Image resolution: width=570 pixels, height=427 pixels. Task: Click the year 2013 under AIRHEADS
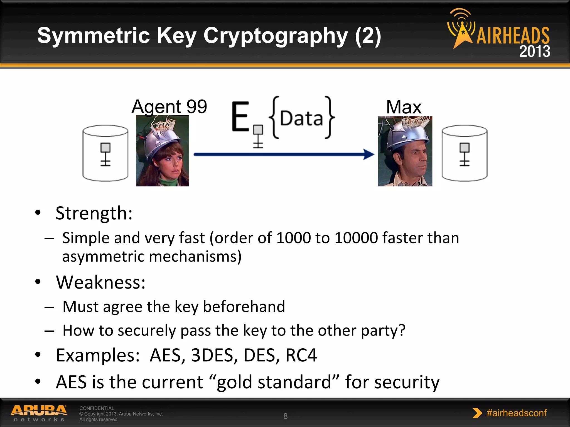coord(534,51)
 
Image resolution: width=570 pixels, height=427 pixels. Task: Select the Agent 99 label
coord(169,106)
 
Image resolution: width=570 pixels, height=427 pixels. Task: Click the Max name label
coord(404,107)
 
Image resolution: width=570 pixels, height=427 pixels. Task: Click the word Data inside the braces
coord(301,119)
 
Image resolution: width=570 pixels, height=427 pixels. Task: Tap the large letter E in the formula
coord(240,117)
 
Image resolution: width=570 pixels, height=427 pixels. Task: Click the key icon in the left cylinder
coord(105,154)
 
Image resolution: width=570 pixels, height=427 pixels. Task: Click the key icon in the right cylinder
coord(465,154)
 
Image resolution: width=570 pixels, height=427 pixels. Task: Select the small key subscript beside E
coord(258,136)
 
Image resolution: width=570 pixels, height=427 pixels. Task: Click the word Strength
coord(94,213)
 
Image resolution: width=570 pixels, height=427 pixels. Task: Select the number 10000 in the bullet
coord(356,238)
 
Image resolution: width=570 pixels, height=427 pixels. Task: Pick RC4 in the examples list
coord(301,355)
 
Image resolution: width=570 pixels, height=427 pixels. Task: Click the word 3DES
coord(212,355)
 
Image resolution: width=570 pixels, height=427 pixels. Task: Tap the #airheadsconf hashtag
coord(516,413)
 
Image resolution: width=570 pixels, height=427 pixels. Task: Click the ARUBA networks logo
coord(39,413)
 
